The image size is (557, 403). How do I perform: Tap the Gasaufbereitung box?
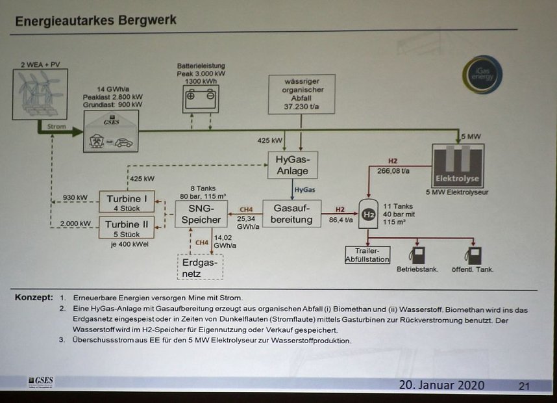pos(291,213)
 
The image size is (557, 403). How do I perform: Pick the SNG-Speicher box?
pos(201,213)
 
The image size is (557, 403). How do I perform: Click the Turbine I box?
pos(127,201)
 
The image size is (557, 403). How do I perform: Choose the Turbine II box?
pos(127,228)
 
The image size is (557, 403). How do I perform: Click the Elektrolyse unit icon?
pos(458,165)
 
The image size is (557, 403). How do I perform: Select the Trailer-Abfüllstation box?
pos(367,255)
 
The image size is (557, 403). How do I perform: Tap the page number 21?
pos(523,386)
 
